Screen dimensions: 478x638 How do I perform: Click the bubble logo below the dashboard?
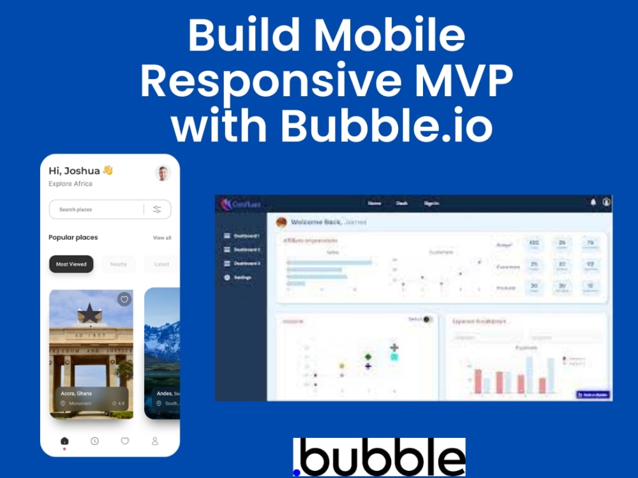point(379,457)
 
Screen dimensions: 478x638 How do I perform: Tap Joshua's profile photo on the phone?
point(163,173)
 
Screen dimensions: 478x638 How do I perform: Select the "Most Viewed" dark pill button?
point(71,264)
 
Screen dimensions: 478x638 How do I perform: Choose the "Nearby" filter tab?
point(119,264)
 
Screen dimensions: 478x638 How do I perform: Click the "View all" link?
point(162,238)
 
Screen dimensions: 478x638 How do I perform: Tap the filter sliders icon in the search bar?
point(157,209)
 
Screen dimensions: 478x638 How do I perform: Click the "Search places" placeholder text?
point(76,210)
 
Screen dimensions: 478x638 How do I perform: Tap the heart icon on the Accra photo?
point(124,299)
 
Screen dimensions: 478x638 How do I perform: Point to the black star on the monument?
point(88,313)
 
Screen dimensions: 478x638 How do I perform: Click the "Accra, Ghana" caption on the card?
point(76,394)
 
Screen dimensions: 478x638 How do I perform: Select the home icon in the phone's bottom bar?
point(64,441)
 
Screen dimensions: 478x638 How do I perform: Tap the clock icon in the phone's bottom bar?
point(94,441)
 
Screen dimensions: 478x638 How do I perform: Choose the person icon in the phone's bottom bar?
point(154,441)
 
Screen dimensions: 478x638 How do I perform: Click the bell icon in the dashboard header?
point(593,203)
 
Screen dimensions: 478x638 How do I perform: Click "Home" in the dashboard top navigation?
point(375,203)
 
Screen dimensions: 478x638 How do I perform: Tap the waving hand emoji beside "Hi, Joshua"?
point(108,170)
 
